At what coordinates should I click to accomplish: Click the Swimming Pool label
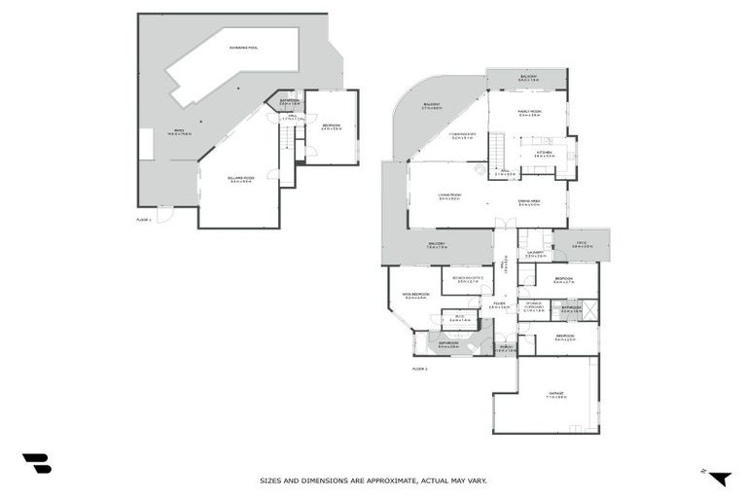pos(244,47)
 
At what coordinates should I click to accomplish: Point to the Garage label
pos(555,394)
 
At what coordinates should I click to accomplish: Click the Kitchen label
pos(543,154)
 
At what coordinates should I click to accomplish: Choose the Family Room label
pos(530,113)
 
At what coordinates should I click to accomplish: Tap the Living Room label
pos(449,196)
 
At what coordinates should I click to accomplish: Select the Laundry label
pos(534,254)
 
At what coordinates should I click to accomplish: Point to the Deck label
pos(582,245)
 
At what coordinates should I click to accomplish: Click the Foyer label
pos(499,305)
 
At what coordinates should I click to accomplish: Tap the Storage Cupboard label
pos(534,305)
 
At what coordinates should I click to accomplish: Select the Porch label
pos(506,346)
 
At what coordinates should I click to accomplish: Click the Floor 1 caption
pos(144,221)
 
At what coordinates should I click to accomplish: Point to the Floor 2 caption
pos(420,369)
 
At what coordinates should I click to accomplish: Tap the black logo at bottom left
pos(36,463)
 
